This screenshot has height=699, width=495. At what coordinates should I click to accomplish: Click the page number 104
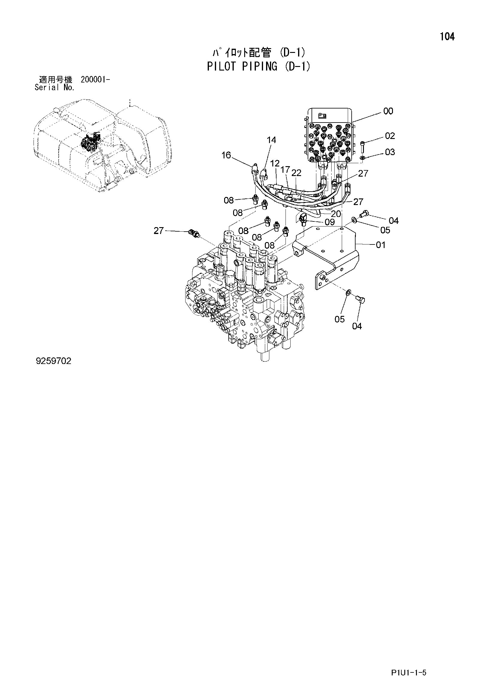click(447, 37)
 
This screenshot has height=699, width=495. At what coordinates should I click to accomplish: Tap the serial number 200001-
click(95, 80)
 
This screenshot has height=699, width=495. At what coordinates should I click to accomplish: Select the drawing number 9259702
click(54, 361)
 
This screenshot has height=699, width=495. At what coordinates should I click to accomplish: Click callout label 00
click(388, 111)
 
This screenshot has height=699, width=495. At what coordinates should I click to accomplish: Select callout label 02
click(390, 136)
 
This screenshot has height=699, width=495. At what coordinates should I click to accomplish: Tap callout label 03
click(390, 152)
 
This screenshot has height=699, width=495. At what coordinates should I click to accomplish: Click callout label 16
click(226, 155)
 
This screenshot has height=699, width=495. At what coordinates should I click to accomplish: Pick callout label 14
click(271, 140)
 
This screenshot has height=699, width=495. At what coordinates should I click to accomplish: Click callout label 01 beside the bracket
click(381, 245)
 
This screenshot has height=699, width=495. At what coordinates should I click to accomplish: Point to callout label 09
click(330, 222)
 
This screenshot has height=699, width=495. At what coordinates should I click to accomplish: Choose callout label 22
click(296, 173)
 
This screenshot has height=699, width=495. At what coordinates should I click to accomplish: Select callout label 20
click(335, 214)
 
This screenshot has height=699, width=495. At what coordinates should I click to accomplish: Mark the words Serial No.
click(54, 88)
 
